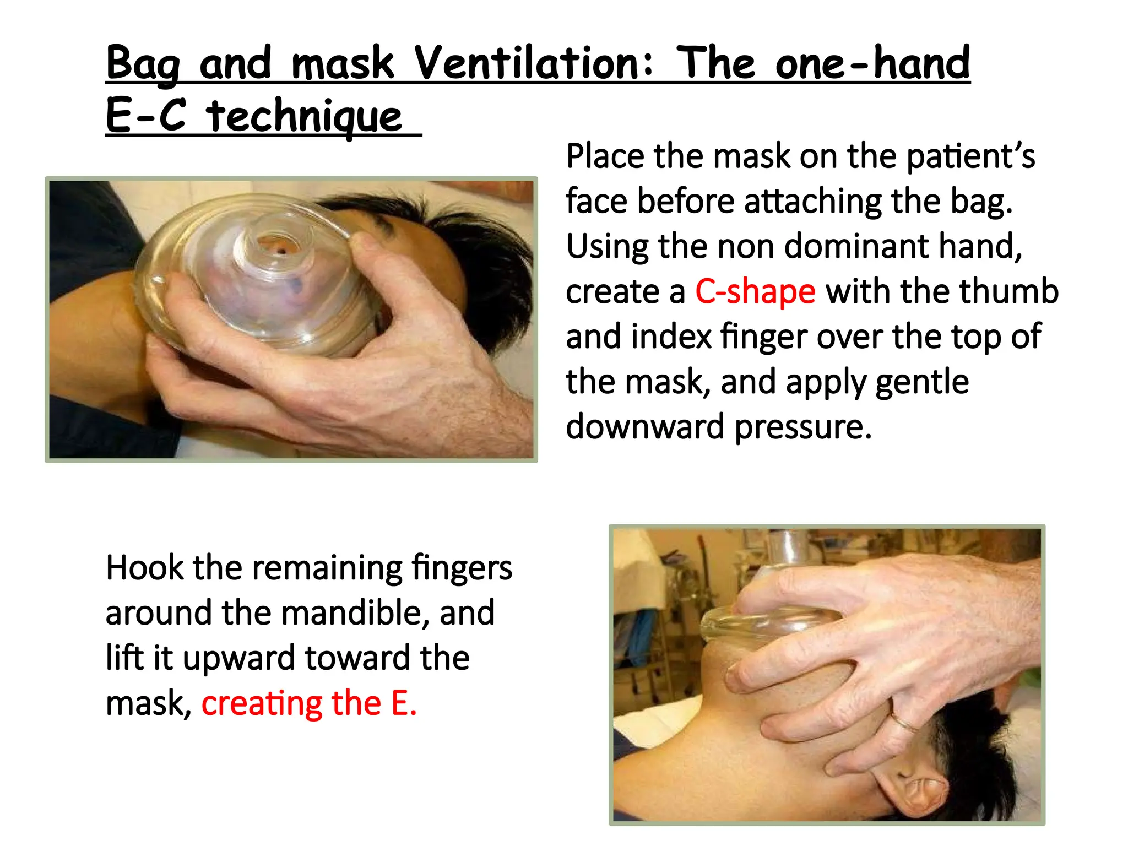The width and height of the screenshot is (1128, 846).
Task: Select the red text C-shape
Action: (x=755, y=291)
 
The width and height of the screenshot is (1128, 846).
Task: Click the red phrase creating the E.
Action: (x=309, y=703)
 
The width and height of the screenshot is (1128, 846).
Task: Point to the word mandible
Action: (x=355, y=613)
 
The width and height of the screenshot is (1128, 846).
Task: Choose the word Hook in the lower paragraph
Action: (x=144, y=568)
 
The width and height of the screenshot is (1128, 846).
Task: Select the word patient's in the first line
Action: (x=970, y=156)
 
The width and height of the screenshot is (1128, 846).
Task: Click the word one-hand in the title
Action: (x=872, y=63)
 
